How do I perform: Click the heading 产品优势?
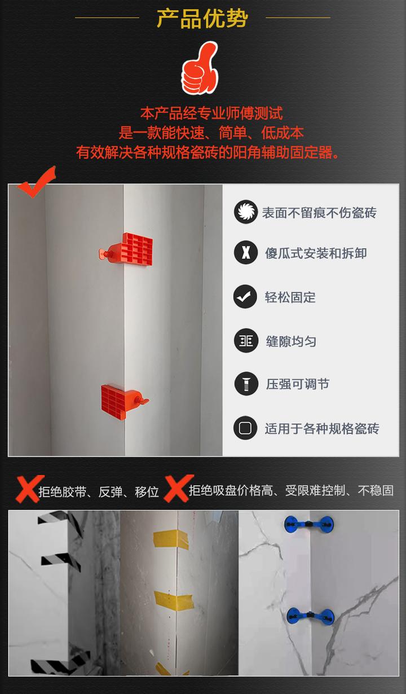coord(202,18)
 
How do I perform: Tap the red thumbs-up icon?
coord(200,68)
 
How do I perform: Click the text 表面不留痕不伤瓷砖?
coord(319,213)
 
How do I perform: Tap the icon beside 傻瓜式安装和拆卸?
coord(245,252)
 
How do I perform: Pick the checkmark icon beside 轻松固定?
coord(245,297)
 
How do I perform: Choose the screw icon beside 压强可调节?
coord(245,384)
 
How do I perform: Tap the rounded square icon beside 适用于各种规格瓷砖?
coord(245,428)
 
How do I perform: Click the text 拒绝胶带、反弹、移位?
coord(99,492)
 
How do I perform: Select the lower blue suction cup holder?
coord(310,616)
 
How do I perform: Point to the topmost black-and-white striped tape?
coord(59,519)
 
